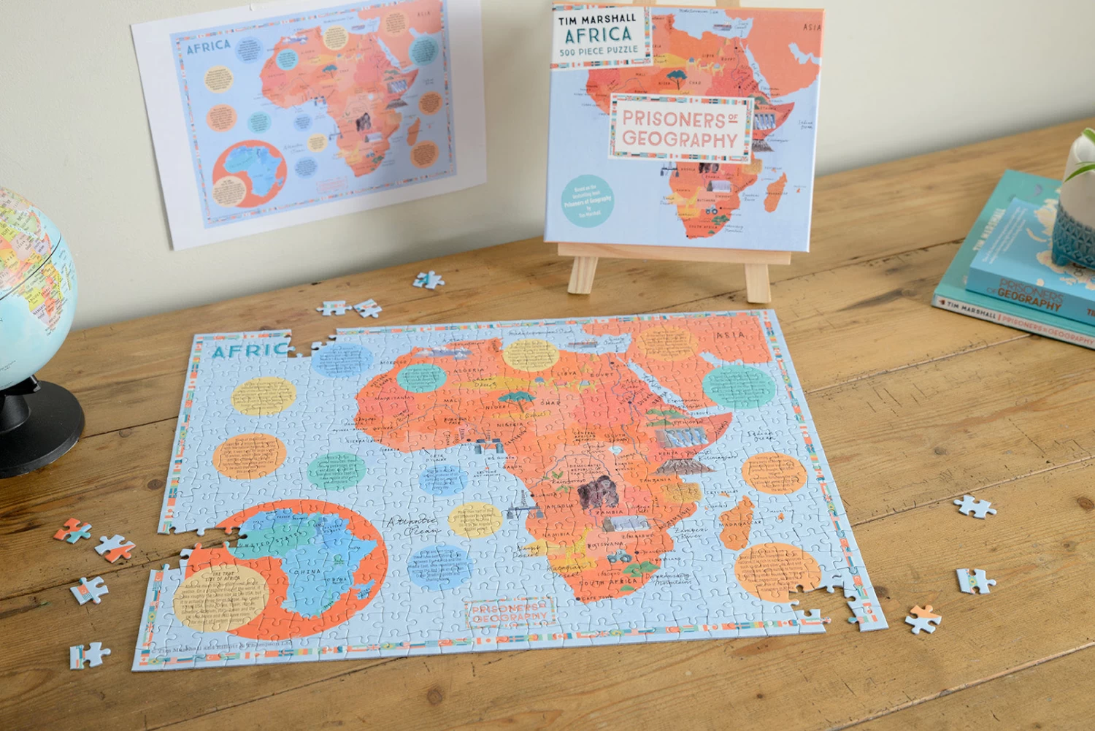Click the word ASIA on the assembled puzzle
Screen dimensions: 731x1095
730,335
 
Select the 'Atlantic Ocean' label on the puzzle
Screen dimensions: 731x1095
412,526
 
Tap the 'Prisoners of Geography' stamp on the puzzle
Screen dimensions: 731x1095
510,613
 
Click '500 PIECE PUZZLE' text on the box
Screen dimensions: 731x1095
599,51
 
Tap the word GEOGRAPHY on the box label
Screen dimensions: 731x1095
679,139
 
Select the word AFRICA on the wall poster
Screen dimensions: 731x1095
209,47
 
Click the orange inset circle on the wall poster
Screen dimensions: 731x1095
248,174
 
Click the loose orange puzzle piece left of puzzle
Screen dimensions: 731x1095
72,530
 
